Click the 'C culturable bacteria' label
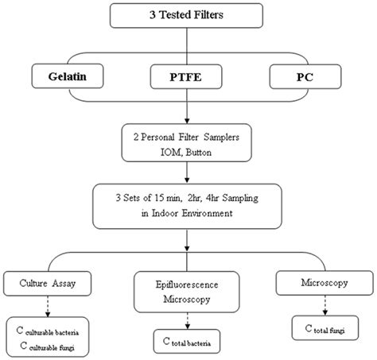54,326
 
